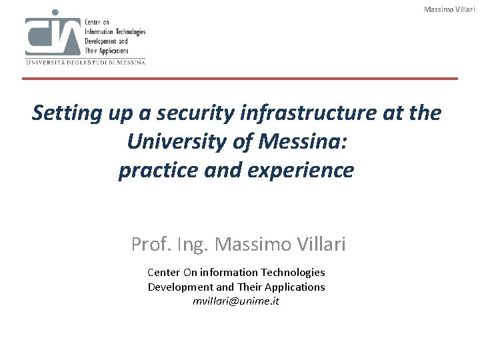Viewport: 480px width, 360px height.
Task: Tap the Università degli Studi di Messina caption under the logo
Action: coord(85,62)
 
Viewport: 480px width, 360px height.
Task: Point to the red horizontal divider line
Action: coord(240,79)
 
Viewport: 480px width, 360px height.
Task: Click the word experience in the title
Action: coord(298,171)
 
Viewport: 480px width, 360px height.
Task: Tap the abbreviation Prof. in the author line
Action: coord(150,245)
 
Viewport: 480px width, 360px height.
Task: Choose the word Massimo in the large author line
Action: coord(254,245)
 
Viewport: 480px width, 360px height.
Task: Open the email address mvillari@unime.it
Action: coord(236,301)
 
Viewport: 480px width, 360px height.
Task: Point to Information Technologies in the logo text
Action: coord(115,31)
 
